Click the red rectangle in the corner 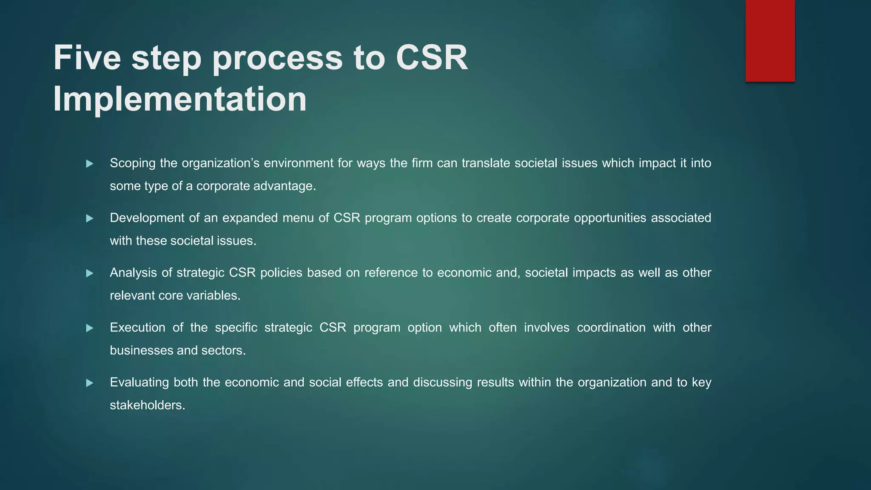770,40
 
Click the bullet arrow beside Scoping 89,164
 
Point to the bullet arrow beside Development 89,219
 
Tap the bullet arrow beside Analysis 89,273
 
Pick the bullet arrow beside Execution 89,328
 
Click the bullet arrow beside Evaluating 89,383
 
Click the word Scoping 132,163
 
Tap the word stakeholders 147,405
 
